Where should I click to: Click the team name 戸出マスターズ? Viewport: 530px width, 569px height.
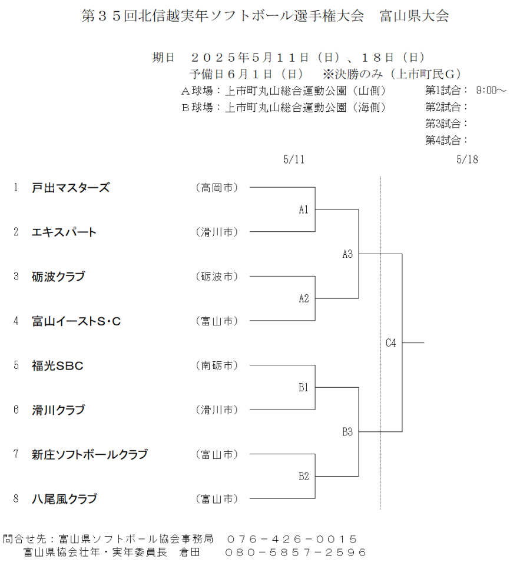tap(71, 188)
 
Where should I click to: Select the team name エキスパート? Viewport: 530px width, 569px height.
tap(64, 232)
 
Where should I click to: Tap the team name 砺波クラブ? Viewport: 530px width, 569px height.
tap(58, 277)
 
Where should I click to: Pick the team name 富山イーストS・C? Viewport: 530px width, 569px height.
tap(77, 321)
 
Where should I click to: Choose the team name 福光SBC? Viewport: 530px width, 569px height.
tap(57, 365)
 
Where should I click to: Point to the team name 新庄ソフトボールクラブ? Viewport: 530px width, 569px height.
tap(90, 454)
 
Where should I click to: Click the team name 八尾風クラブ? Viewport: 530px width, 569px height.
tap(65, 499)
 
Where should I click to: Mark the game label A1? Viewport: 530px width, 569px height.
tap(303, 209)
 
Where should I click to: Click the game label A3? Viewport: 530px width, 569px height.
tap(347, 254)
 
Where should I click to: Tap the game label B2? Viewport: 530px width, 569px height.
tap(304, 477)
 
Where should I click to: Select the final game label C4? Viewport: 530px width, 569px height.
tap(391, 343)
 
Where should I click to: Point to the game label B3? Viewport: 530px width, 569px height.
tap(347, 432)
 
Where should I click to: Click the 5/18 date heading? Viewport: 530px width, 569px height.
tap(467, 159)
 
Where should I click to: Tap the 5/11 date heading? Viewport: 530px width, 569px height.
tap(294, 159)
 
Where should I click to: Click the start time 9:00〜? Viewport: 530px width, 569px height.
tap(491, 91)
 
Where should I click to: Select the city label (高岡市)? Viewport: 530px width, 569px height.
tap(217, 188)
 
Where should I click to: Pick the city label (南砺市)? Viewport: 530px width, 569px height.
tap(217, 365)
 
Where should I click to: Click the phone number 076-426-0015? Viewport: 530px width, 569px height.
tap(292, 539)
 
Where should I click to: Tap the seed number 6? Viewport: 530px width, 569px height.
tap(16, 410)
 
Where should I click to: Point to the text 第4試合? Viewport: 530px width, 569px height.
tap(443, 141)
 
